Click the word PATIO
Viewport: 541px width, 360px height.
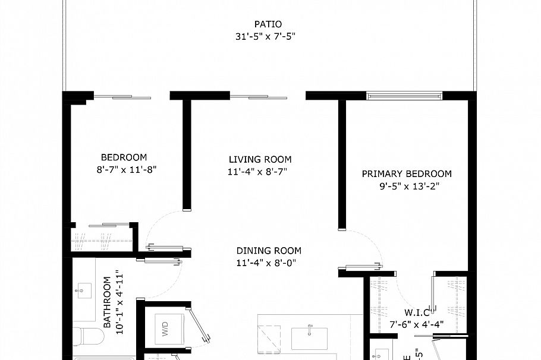tap(268, 24)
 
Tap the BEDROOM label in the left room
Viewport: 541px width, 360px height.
tap(124, 157)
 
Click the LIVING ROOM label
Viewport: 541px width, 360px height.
tap(260, 159)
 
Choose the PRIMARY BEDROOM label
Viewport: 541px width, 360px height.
tap(407, 174)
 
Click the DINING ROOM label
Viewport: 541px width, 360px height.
tap(269, 251)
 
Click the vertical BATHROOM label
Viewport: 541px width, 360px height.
tap(108, 302)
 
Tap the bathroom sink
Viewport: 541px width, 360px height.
tap(82, 291)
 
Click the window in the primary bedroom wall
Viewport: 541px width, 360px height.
tap(404, 96)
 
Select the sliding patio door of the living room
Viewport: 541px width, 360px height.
tap(259, 96)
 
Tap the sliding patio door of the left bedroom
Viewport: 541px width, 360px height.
tap(122, 96)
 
